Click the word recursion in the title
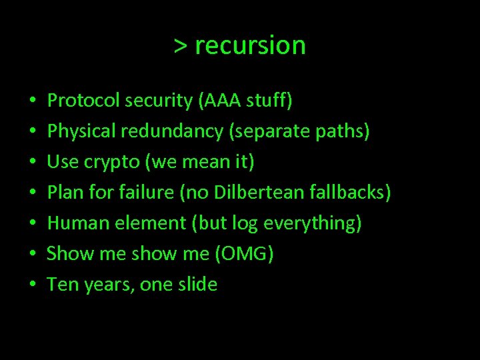click(251, 46)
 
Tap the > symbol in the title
click(181, 46)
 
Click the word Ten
click(63, 285)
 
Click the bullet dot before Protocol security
click(33, 102)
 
